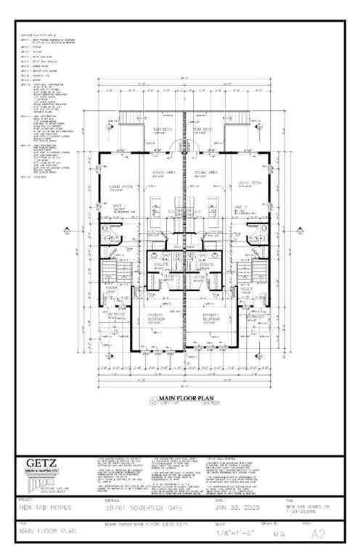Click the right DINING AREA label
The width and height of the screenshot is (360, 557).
click(207, 173)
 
